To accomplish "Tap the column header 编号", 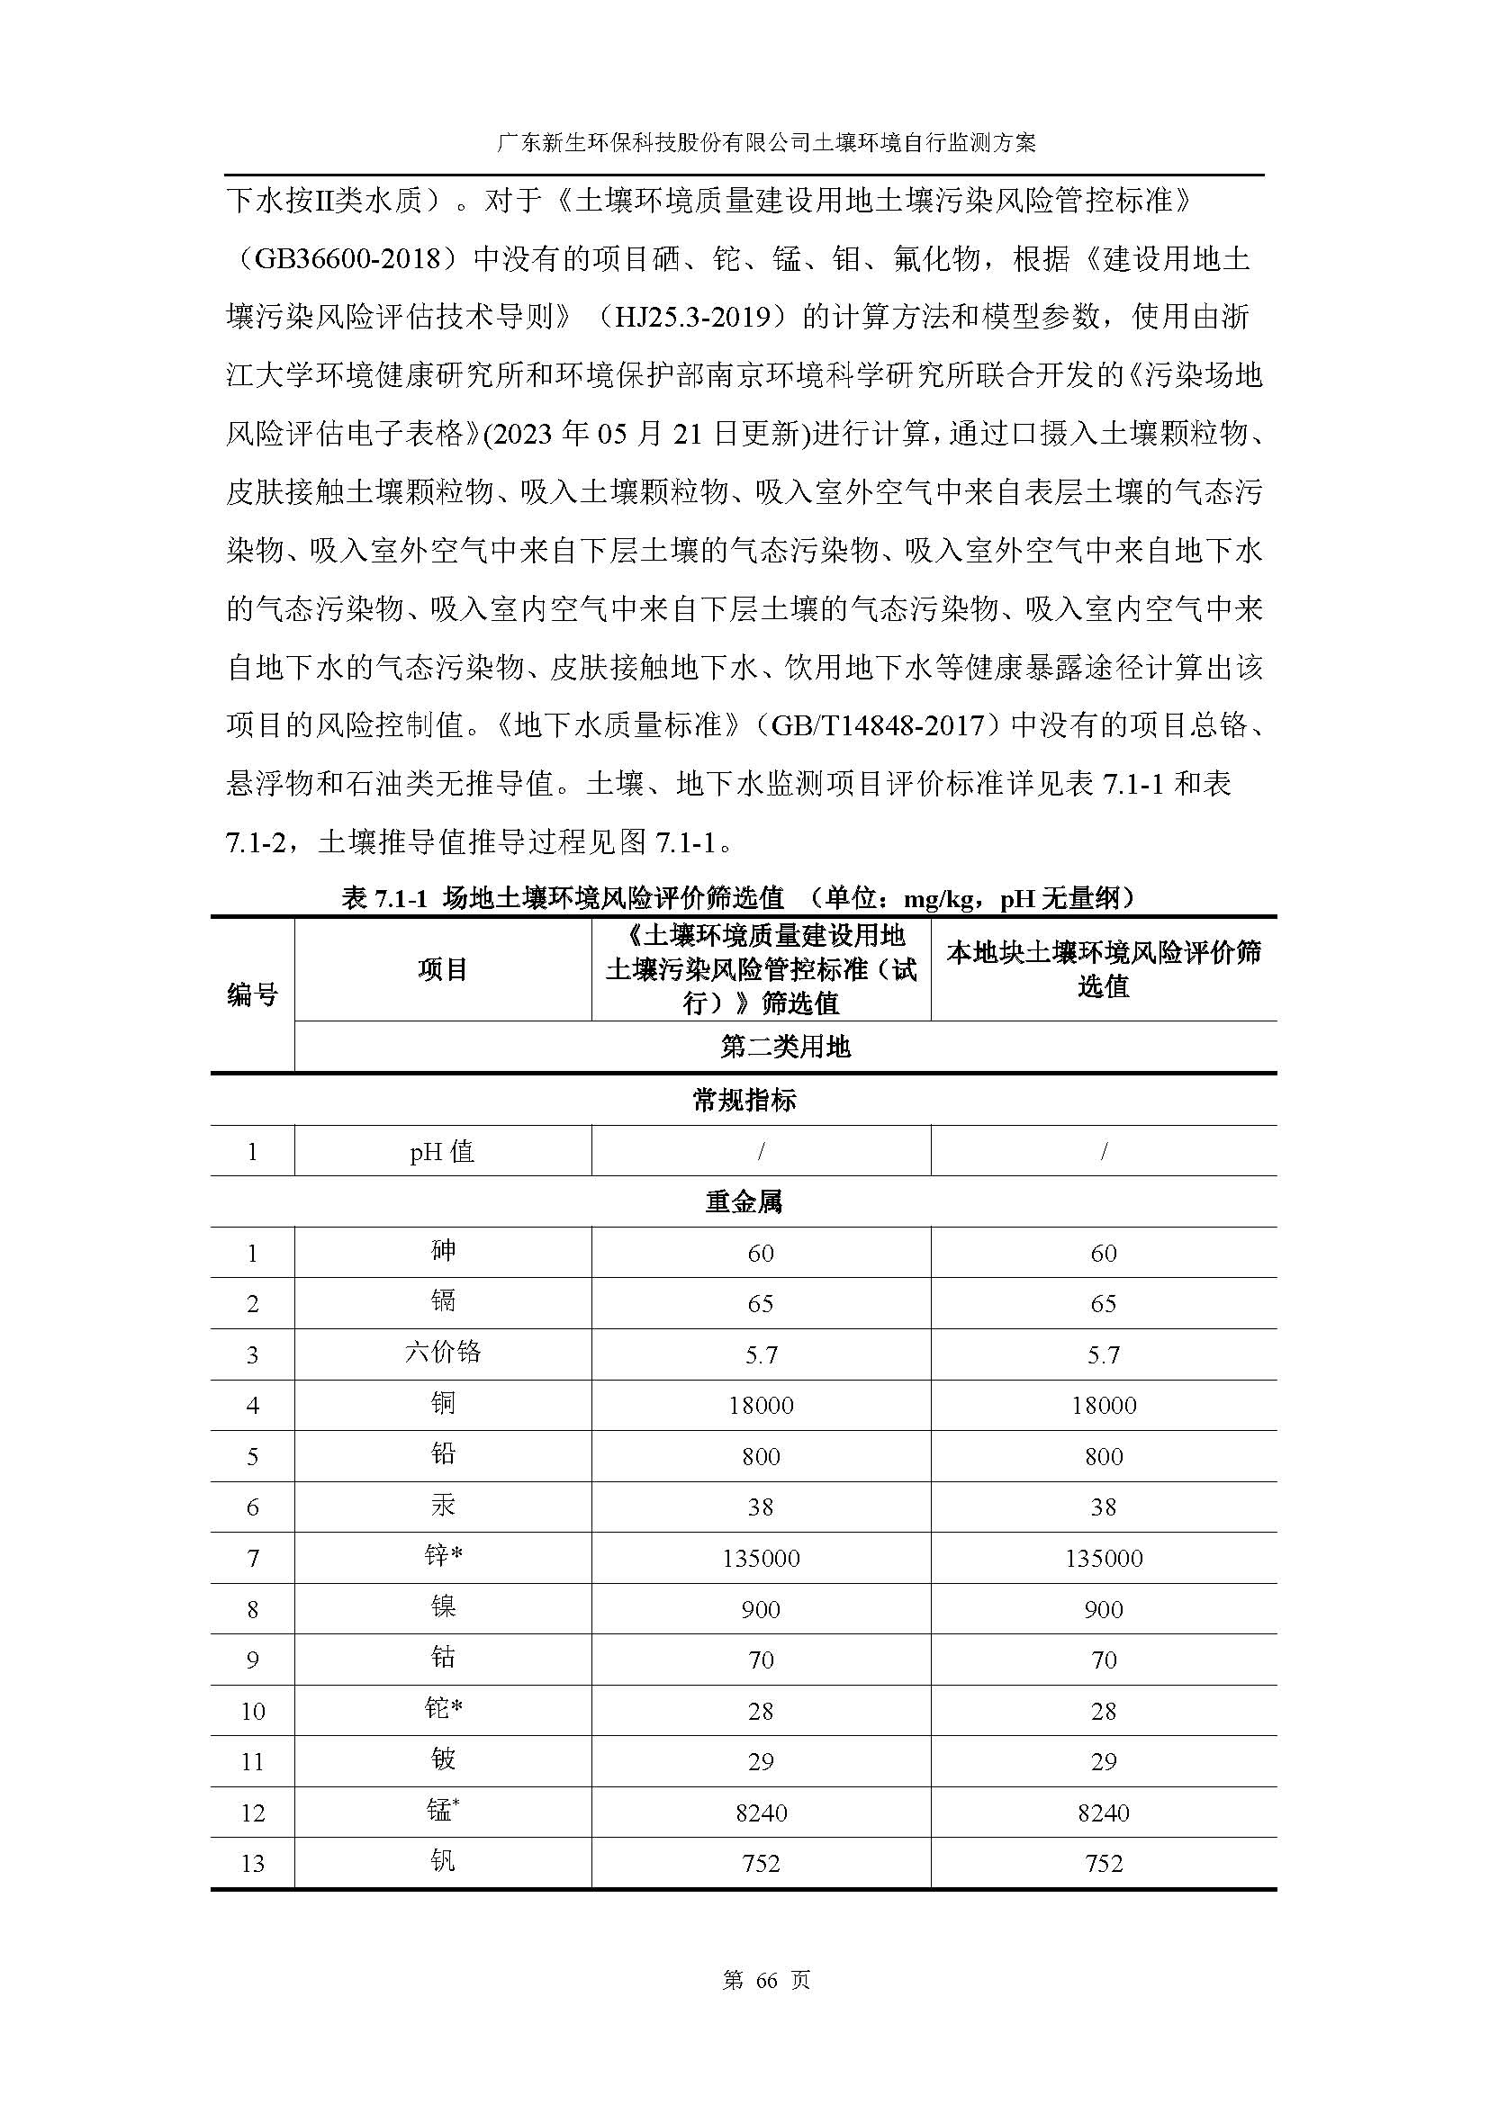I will click(x=252, y=994).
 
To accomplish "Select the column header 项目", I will click(x=443, y=969).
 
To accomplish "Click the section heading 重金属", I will click(x=744, y=1202).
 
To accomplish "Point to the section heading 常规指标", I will click(x=744, y=1100).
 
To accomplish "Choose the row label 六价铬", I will click(x=443, y=1353).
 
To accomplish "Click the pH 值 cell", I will click(x=443, y=1152).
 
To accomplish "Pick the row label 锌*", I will click(x=443, y=1556).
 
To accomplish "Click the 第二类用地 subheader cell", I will click(x=785, y=1047).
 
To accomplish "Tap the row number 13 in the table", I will click(x=252, y=1863).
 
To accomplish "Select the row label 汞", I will click(x=443, y=1506).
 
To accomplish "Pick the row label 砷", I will click(x=443, y=1251).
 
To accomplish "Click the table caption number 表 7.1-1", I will click(x=385, y=898).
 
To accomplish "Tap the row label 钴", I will click(x=443, y=1658).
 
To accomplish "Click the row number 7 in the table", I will click(x=252, y=1558).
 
